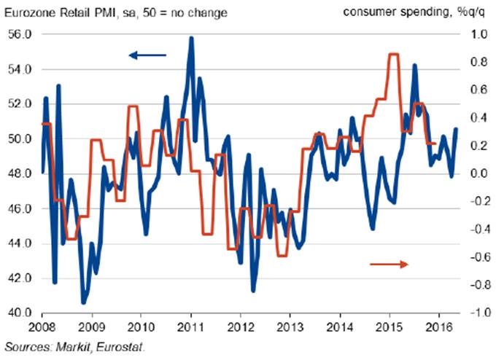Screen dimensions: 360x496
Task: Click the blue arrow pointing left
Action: click(x=147, y=55)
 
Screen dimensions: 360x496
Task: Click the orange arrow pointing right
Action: click(x=389, y=264)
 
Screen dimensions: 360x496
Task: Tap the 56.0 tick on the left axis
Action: click(x=20, y=34)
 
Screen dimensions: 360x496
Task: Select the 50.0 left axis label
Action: click(x=20, y=138)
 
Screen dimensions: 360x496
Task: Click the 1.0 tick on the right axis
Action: click(x=476, y=34)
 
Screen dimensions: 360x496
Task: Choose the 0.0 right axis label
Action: click(x=476, y=173)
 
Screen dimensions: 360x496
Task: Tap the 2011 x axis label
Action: click(x=191, y=327)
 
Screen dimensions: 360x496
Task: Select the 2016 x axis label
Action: click(x=438, y=327)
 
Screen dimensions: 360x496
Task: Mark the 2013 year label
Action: click(x=290, y=327)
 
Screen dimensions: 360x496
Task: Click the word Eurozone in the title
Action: click(x=28, y=10)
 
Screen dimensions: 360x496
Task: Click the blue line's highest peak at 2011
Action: click(x=191, y=38)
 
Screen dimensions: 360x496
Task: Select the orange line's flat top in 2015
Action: click(x=393, y=55)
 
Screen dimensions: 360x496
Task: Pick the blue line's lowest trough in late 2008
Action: click(x=83, y=302)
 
